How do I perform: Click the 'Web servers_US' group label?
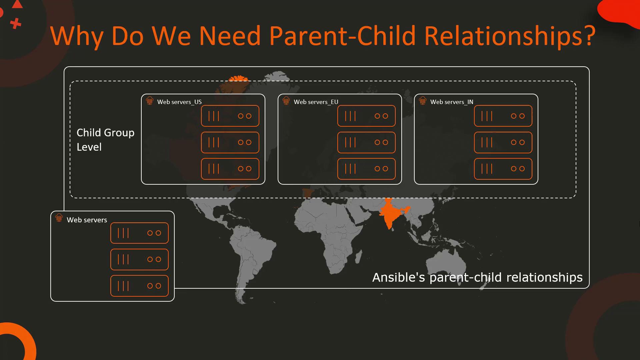pyautogui.click(x=179, y=102)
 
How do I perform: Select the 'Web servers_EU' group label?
pyautogui.click(x=316, y=102)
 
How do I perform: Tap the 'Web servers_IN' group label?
pyautogui.click(x=452, y=102)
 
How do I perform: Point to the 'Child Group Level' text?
pyautogui.click(x=105, y=140)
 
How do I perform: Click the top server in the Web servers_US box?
pyautogui.click(x=230, y=116)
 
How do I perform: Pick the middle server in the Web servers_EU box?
pyautogui.click(x=366, y=142)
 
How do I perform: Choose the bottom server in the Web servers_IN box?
pyautogui.click(x=503, y=169)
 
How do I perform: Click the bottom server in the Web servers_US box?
pyautogui.click(x=230, y=169)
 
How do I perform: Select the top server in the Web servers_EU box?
pyautogui.click(x=366, y=116)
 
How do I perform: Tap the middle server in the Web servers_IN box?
pyautogui.click(x=503, y=142)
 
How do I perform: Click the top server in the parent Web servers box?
pyautogui.click(x=139, y=233)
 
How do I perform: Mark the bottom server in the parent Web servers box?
pyautogui.click(x=139, y=286)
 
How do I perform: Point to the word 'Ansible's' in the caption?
pyautogui.click(x=399, y=277)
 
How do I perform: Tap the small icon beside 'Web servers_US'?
pyautogui.click(x=150, y=100)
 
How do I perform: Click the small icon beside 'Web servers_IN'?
pyautogui.click(x=423, y=100)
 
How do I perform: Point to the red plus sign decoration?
pyautogui.click(x=15, y=24)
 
